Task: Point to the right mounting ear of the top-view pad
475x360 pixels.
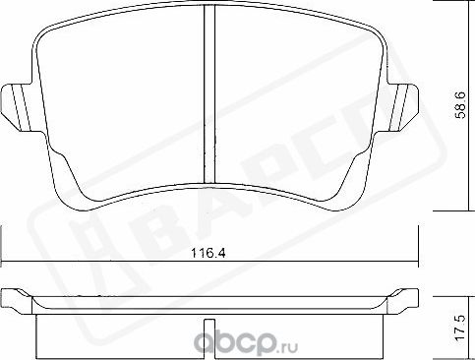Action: [398, 100]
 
